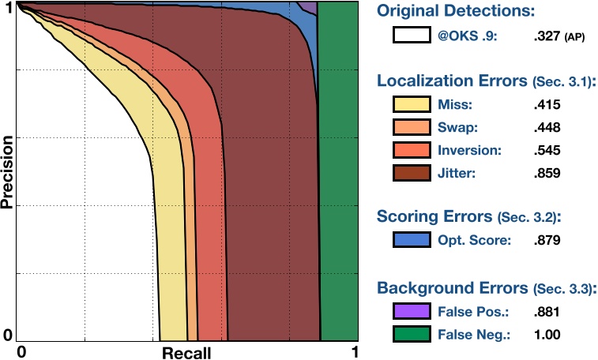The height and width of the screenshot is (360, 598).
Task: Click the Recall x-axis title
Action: click(186, 352)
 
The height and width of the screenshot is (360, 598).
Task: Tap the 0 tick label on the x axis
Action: click(23, 350)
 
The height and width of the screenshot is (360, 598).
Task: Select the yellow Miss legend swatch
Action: click(412, 103)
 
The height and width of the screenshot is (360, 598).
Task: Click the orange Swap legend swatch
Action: click(412, 126)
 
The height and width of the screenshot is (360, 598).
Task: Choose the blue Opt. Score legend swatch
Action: click(412, 238)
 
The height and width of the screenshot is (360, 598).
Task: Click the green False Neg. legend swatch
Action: click(412, 334)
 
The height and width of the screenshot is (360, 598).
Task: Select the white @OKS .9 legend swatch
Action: click(412, 35)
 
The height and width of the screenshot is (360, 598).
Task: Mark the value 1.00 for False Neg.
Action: click(545, 335)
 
